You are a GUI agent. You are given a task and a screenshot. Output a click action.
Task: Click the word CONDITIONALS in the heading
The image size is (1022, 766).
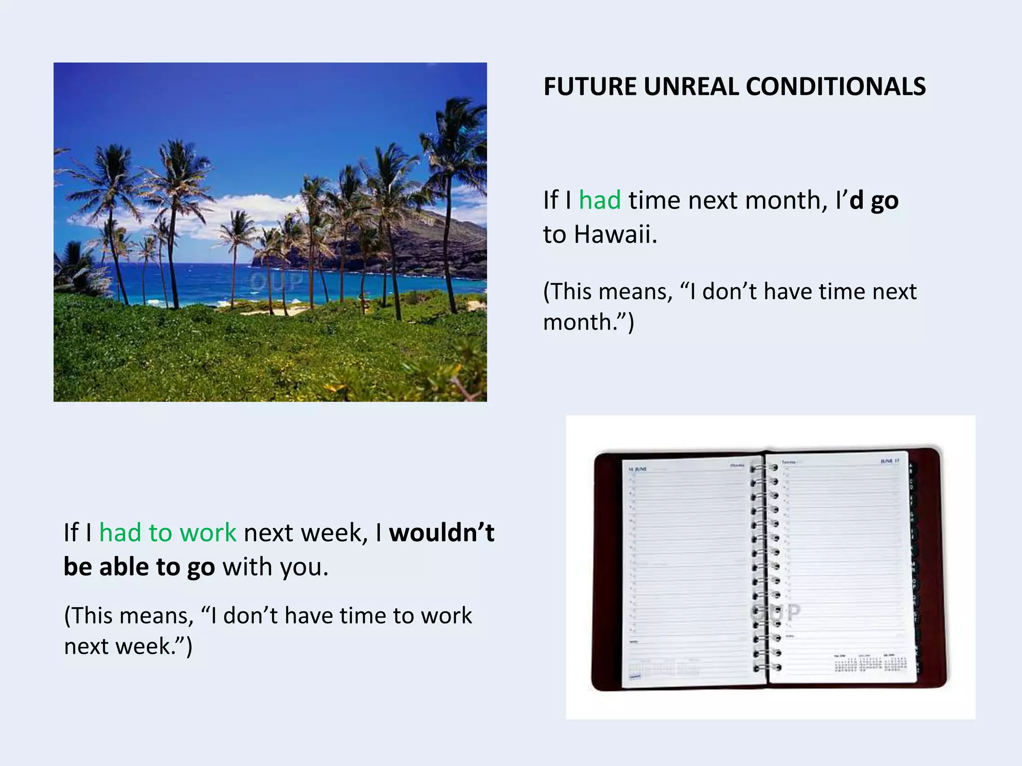pyautogui.click(x=836, y=86)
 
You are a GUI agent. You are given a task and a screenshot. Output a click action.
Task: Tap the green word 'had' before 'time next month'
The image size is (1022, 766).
pyautogui.click(x=599, y=200)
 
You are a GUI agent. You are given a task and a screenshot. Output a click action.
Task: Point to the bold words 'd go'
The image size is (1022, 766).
pyautogui.click(x=874, y=200)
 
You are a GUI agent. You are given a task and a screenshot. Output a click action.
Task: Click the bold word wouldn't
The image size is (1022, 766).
pyautogui.click(x=441, y=533)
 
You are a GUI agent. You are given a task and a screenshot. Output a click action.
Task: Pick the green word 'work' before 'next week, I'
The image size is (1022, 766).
pyautogui.click(x=208, y=533)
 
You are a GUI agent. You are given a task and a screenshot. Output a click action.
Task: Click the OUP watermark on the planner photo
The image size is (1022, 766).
pyautogui.click(x=776, y=612)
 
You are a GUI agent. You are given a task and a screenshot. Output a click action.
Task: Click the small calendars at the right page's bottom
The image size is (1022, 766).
pyautogui.click(x=870, y=663)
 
